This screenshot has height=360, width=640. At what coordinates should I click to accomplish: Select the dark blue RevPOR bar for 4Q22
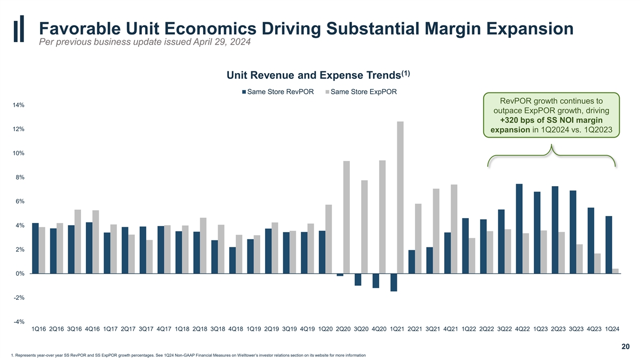(x=519, y=229)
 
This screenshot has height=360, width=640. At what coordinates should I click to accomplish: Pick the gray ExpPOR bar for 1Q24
(x=615, y=271)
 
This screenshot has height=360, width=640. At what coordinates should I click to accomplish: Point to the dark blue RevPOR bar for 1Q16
(x=35, y=248)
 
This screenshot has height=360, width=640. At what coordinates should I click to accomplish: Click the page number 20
(x=626, y=347)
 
